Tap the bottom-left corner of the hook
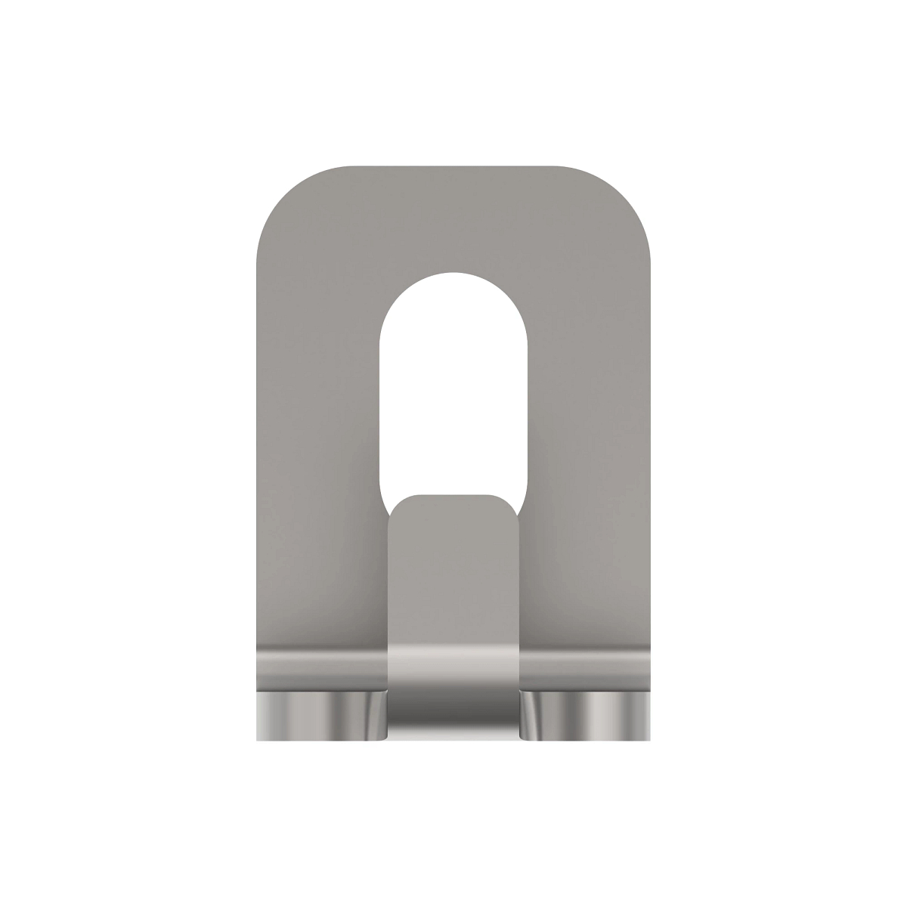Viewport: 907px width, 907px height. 259,737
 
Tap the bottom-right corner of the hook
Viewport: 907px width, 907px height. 648,737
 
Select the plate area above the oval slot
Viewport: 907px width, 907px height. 453,219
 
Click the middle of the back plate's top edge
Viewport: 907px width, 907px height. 453,167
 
